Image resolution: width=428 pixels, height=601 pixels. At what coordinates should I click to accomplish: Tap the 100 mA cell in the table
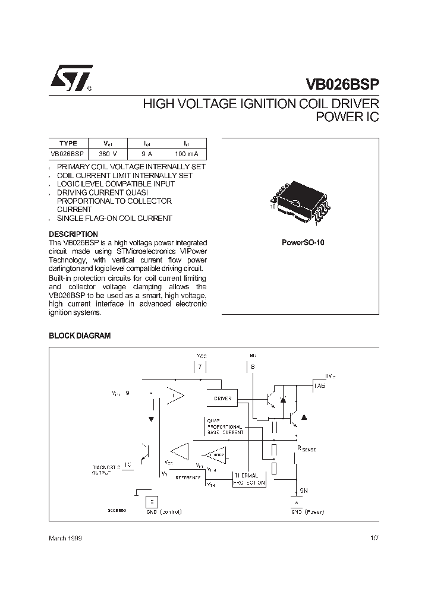tap(186, 154)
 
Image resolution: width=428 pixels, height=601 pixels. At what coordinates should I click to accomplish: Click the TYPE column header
tap(68, 143)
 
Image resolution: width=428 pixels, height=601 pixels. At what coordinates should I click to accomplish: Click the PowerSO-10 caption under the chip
tap(303, 243)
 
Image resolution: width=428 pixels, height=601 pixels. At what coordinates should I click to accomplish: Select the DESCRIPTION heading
tap(73, 234)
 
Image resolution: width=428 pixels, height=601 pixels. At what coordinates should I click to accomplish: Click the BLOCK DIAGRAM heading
tap(80, 336)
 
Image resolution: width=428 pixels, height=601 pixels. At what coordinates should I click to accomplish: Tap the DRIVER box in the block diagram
tap(222, 398)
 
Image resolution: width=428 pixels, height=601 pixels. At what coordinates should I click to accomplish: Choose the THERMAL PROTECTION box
tap(249, 479)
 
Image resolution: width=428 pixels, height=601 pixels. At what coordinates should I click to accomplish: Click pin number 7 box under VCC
tap(200, 368)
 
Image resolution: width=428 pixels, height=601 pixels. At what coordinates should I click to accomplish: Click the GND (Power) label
tap(305, 511)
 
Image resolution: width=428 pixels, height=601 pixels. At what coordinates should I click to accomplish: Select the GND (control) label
tap(164, 511)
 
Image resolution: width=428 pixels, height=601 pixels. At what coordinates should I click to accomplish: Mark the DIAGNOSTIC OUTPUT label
tap(106, 470)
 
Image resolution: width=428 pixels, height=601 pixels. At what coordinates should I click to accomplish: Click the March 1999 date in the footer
tap(65, 537)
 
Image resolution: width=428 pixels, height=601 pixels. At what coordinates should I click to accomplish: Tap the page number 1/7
tap(374, 537)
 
